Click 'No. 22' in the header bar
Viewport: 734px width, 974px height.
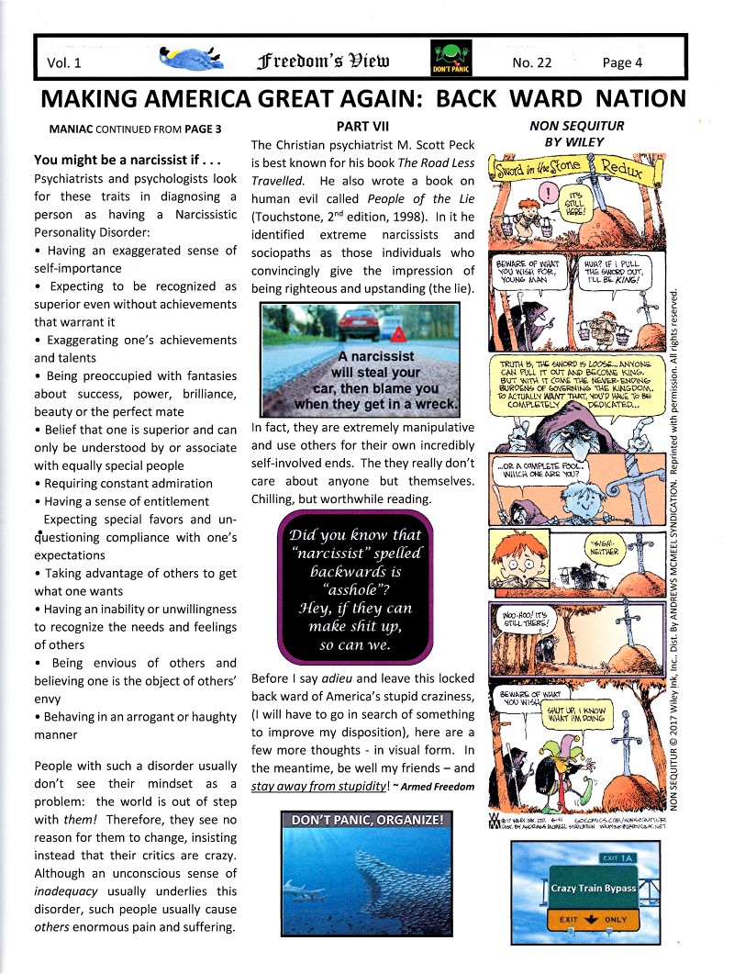point(529,62)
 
